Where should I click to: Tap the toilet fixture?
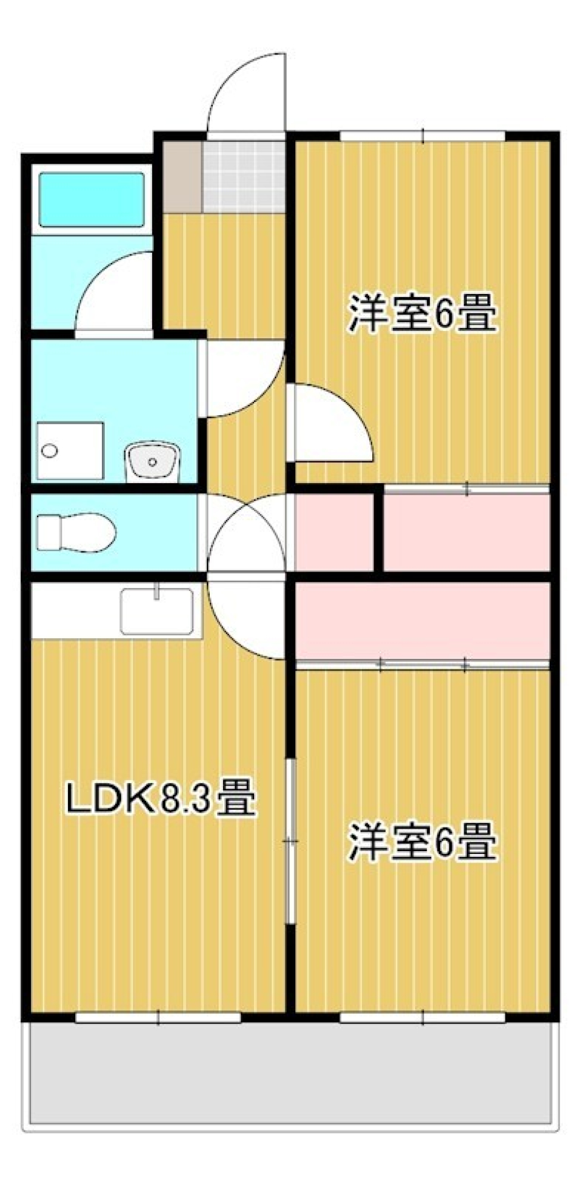pyautogui.click(x=76, y=533)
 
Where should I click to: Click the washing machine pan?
pyautogui.click(x=70, y=451)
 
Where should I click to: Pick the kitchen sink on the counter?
pyautogui.click(x=156, y=610)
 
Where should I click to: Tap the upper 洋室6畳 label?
pyautogui.click(x=422, y=313)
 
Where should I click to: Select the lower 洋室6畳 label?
pyautogui.click(x=422, y=841)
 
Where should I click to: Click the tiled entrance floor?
pyautogui.click(x=244, y=176)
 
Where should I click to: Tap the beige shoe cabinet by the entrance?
pyautogui.click(x=182, y=176)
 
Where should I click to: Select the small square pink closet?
pyautogui.click(x=334, y=532)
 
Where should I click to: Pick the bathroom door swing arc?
pyautogui.click(x=112, y=294)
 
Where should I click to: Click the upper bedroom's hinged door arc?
pyautogui.click(x=330, y=424)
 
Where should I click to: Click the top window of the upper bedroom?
pyautogui.click(x=423, y=135)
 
